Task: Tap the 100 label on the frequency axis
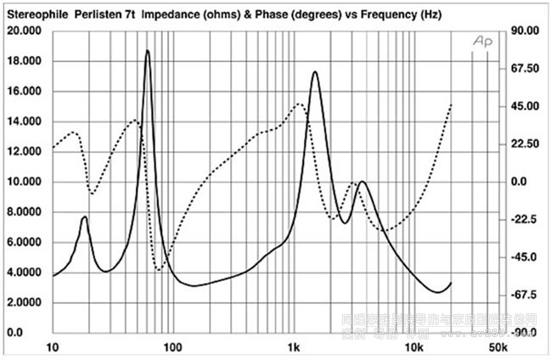[x=172, y=348]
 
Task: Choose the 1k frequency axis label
[x=294, y=348]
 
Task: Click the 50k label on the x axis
[x=498, y=348]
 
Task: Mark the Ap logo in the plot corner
[x=482, y=42]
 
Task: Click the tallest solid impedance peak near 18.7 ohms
[x=148, y=51]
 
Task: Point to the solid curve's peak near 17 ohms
[x=315, y=72]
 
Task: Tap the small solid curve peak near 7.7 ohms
[x=85, y=217]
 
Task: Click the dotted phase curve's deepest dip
[x=159, y=270]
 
